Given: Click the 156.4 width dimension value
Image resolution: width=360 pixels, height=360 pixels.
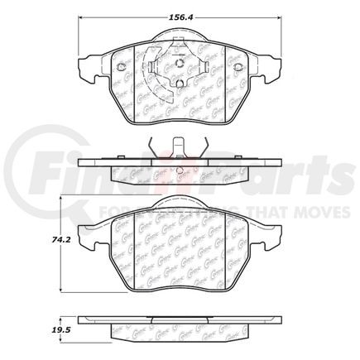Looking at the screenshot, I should pos(181,12).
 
